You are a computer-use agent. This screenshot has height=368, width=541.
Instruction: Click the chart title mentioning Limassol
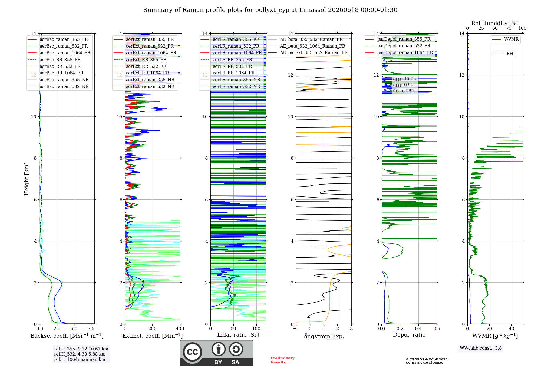(x=270, y=10)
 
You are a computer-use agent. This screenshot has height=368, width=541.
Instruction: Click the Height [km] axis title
(x=27, y=179)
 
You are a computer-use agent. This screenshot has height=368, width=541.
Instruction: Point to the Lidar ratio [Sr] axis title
(x=238, y=335)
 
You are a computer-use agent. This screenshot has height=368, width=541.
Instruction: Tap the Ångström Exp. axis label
(x=324, y=336)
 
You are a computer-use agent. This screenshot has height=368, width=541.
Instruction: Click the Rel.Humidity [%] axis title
(x=495, y=23)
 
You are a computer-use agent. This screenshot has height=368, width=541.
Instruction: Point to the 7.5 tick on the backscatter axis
(x=91, y=329)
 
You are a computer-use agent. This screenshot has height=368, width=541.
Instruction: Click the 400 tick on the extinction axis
(x=180, y=329)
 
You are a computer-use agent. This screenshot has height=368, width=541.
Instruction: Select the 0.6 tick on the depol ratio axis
(x=437, y=329)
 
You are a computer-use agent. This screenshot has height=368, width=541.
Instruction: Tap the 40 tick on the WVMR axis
(x=512, y=329)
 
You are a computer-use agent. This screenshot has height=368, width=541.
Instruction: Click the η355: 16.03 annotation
(x=404, y=79)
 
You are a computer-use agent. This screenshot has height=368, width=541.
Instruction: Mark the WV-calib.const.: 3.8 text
(x=481, y=348)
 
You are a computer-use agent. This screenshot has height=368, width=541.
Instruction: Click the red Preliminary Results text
(x=283, y=360)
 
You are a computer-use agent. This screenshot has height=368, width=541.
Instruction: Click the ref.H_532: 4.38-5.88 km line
(x=80, y=354)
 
